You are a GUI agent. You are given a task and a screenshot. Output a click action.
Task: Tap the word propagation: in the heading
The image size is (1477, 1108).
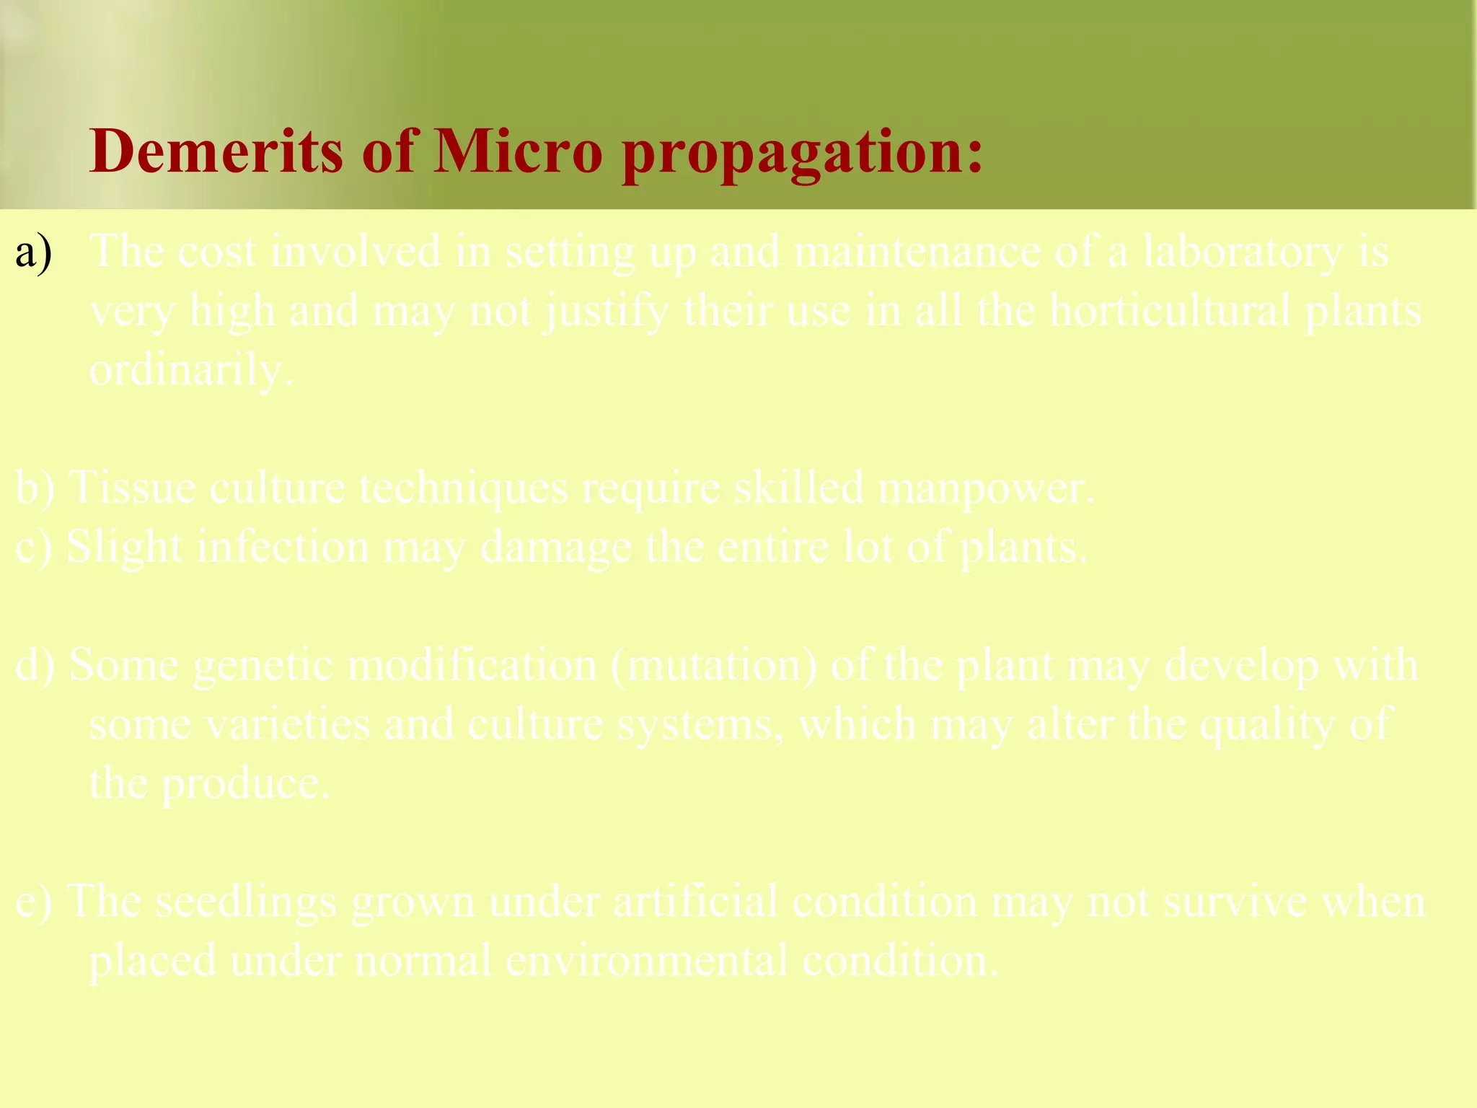[802, 153]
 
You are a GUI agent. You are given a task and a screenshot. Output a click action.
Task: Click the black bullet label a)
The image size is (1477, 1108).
[34, 252]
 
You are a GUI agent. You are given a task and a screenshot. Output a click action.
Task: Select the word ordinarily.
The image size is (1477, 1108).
[191, 371]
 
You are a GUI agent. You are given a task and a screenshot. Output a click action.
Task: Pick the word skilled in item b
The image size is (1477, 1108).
[798, 488]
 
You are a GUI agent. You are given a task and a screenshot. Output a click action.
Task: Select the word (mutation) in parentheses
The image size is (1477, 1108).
[714, 665]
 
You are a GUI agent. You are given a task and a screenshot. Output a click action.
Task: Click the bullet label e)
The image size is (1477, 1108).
[33, 902]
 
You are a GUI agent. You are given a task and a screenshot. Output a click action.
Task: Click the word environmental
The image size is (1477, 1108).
[646, 962]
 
